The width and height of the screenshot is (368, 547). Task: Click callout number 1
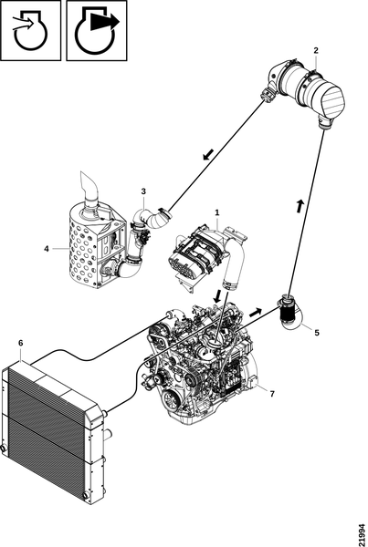pyautogui.click(x=217, y=212)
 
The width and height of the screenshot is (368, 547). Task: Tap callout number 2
pyautogui.click(x=316, y=50)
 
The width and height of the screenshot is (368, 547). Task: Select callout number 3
pyautogui.click(x=143, y=191)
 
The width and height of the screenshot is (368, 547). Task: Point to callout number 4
pyautogui.click(x=47, y=249)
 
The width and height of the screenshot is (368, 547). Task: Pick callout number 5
pyautogui.click(x=317, y=333)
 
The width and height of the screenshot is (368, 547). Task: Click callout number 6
pyautogui.click(x=21, y=344)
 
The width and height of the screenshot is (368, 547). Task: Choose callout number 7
pyautogui.click(x=272, y=394)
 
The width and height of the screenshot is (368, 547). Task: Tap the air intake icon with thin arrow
pyautogui.click(x=31, y=30)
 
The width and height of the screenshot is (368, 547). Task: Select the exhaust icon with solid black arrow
pyautogui.click(x=97, y=30)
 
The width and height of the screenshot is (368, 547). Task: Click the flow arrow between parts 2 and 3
pyautogui.click(x=208, y=154)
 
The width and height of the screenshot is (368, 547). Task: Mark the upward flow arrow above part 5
pyautogui.click(x=300, y=205)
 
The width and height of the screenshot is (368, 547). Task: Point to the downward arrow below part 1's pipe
pyautogui.click(x=217, y=295)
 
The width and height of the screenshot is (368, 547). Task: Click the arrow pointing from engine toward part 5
pyautogui.click(x=256, y=312)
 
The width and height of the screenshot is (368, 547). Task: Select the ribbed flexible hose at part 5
pyautogui.click(x=288, y=312)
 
